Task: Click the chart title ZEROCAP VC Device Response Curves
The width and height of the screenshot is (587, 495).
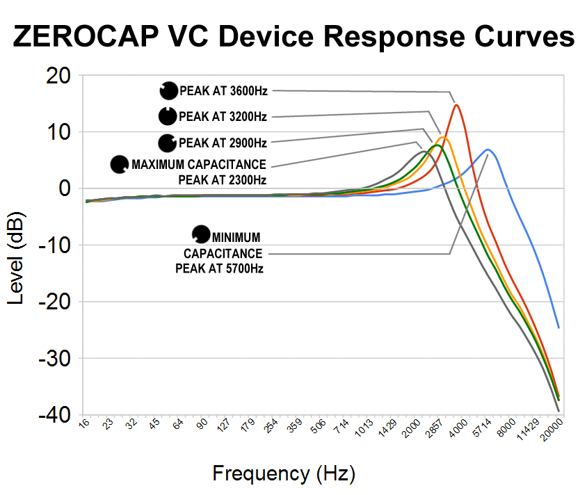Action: [x=293, y=37]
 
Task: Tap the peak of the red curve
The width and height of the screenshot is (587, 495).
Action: [x=456, y=105]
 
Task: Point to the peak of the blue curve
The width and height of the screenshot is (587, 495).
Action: [x=488, y=149]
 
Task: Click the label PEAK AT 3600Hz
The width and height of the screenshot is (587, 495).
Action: [x=223, y=90]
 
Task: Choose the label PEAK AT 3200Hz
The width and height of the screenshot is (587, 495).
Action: [x=223, y=117]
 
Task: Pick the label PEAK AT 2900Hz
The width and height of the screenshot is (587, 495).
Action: [x=223, y=143]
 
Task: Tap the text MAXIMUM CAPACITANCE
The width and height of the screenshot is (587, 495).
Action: [x=198, y=165]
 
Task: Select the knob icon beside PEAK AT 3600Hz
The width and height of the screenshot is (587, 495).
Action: [x=169, y=90]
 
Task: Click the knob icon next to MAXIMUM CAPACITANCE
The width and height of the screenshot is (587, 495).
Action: [x=120, y=165]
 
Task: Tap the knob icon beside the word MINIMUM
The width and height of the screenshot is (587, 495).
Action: [x=201, y=234]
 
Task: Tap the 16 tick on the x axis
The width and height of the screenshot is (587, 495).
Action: [x=84, y=424]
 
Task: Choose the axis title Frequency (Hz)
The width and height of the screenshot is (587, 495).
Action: [x=284, y=474]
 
